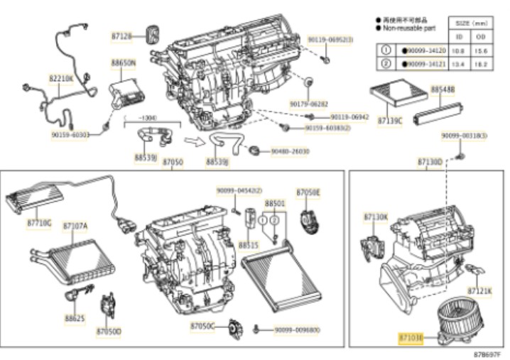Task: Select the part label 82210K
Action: point(60,78)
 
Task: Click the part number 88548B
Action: point(442,89)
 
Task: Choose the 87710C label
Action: point(39,223)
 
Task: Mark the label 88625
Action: point(75,319)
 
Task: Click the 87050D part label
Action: point(109,332)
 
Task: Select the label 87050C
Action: point(202,325)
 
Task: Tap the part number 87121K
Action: point(479,291)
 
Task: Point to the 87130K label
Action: point(376,217)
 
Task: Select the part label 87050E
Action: point(308,192)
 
